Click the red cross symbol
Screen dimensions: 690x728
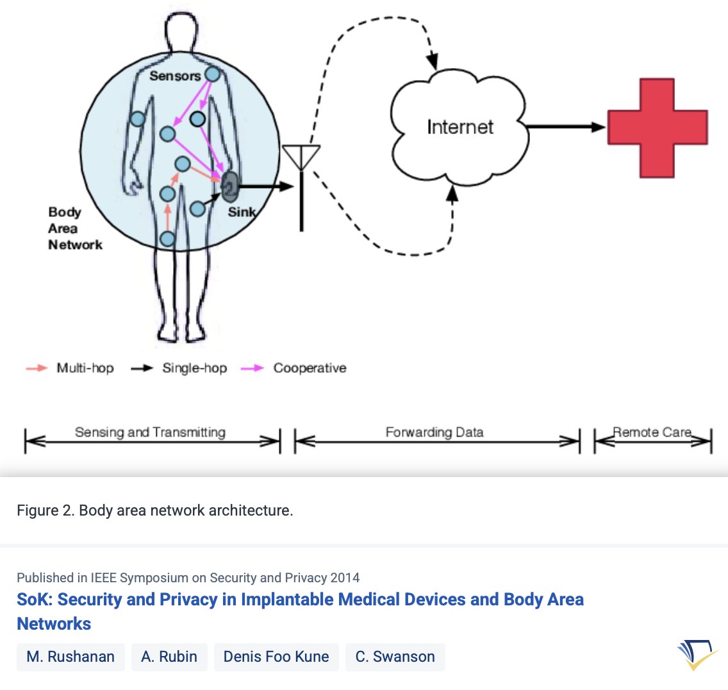[x=658, y=128]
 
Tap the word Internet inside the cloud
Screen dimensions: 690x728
[x=460, y=127]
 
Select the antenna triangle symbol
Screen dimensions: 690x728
[x=301, y=156]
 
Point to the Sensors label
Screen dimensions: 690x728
[x=175, y=76]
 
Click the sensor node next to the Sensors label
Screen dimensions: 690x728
[x=212, y=74]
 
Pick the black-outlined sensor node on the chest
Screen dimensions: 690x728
[x=197, y=119]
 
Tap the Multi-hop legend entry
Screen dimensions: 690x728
[x=70, y=368]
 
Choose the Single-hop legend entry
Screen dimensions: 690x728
[x=179, y=368]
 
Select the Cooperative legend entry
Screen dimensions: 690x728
[x=294, y=368]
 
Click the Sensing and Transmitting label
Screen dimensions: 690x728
[x=150, y=432]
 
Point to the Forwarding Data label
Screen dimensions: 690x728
[x=434, y=432]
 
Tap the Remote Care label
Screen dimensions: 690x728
[x=652, y=432]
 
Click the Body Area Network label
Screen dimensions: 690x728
[x=74, y=228]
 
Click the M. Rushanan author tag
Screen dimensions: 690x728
[x=70, y=657]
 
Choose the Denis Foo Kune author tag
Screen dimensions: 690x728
[x=276, y=657]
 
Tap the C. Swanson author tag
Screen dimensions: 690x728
[x=395, y=657]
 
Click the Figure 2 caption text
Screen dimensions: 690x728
[x=155, y=510]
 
